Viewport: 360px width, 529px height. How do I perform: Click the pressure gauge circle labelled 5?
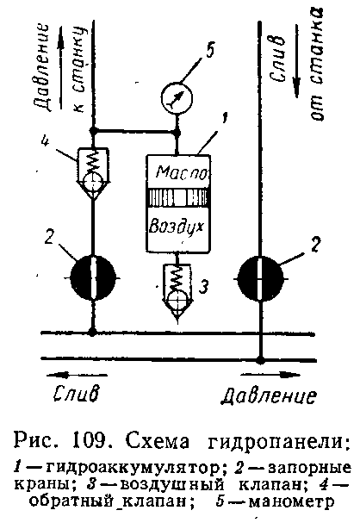(177, 97)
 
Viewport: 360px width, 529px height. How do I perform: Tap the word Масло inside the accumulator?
(182, 172)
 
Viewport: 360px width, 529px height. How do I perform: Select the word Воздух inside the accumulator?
(177, 225)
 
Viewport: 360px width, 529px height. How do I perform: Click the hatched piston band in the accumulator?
(178, 197)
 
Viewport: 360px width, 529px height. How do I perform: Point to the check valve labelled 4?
(93, 173)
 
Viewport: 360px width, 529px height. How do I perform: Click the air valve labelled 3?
(177, 291)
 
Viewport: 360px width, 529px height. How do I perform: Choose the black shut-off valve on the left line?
(93, 277)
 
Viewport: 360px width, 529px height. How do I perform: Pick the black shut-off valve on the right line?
(260, 278)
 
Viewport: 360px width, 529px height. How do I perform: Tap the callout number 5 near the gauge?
(209, 51)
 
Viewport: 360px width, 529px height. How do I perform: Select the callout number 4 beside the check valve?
(44, 140)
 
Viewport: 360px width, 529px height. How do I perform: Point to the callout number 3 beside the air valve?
(203, 287)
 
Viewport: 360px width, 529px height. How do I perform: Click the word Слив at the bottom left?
(77, 394)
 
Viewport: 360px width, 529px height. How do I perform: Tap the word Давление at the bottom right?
(269, 395)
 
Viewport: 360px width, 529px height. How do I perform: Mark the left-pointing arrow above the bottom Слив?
(77, 375)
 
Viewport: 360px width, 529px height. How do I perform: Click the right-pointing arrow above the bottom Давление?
(270, 375)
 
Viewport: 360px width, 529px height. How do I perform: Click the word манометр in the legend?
(291, 501)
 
